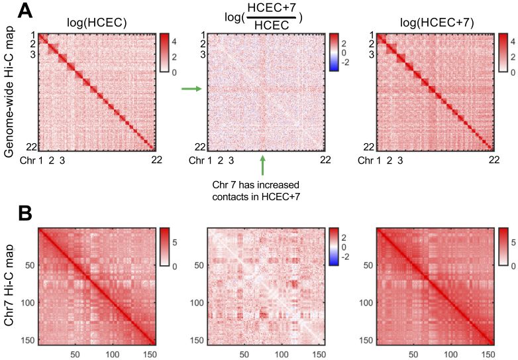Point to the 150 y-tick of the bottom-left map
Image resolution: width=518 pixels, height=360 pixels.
(27, 339)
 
